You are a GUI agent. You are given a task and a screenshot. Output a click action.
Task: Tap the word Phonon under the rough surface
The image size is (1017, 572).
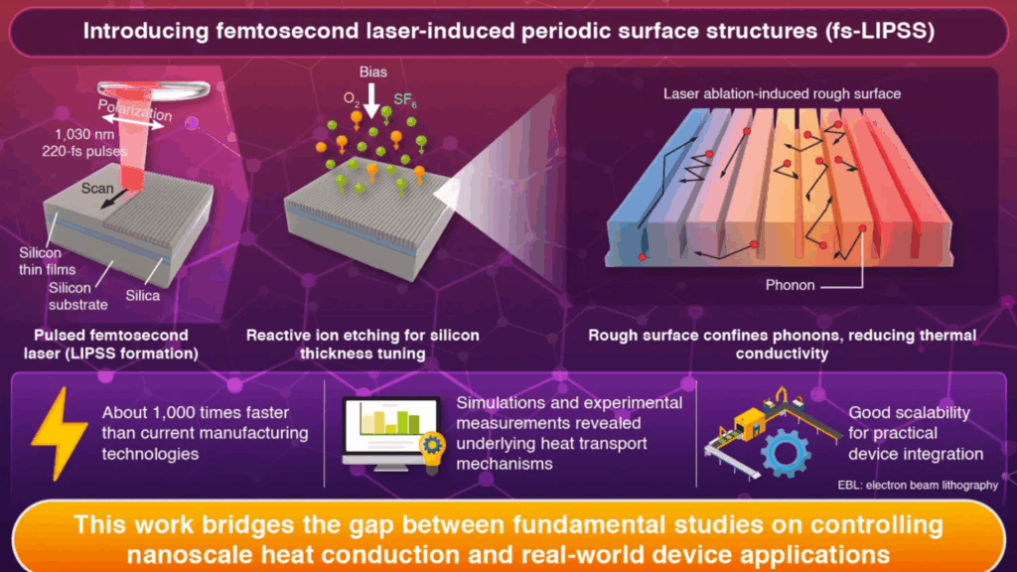pyautogui.click(x=791, y=285)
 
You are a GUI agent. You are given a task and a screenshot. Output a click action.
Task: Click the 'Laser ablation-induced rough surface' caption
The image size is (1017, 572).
pyautogui.click(x=782, y=93)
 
